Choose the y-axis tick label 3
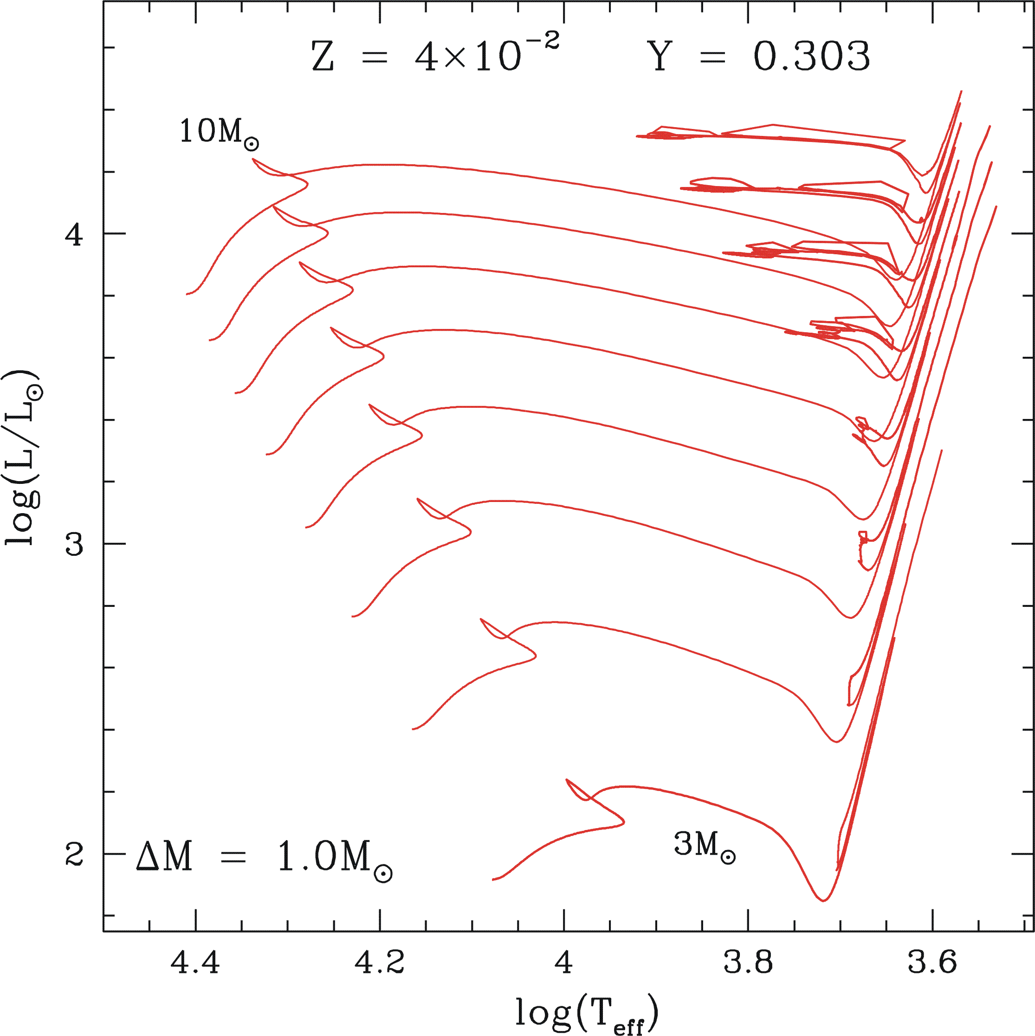point(74,544)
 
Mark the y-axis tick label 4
point(74,234)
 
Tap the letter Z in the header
point(323,58)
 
